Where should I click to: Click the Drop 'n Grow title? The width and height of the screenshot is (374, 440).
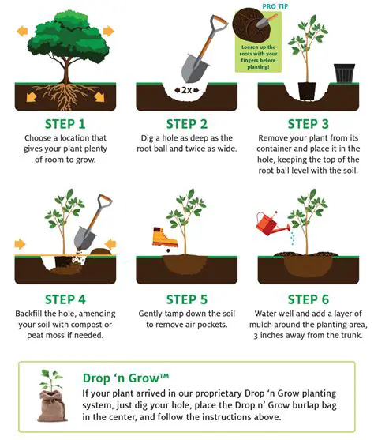(x=123, y=378)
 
